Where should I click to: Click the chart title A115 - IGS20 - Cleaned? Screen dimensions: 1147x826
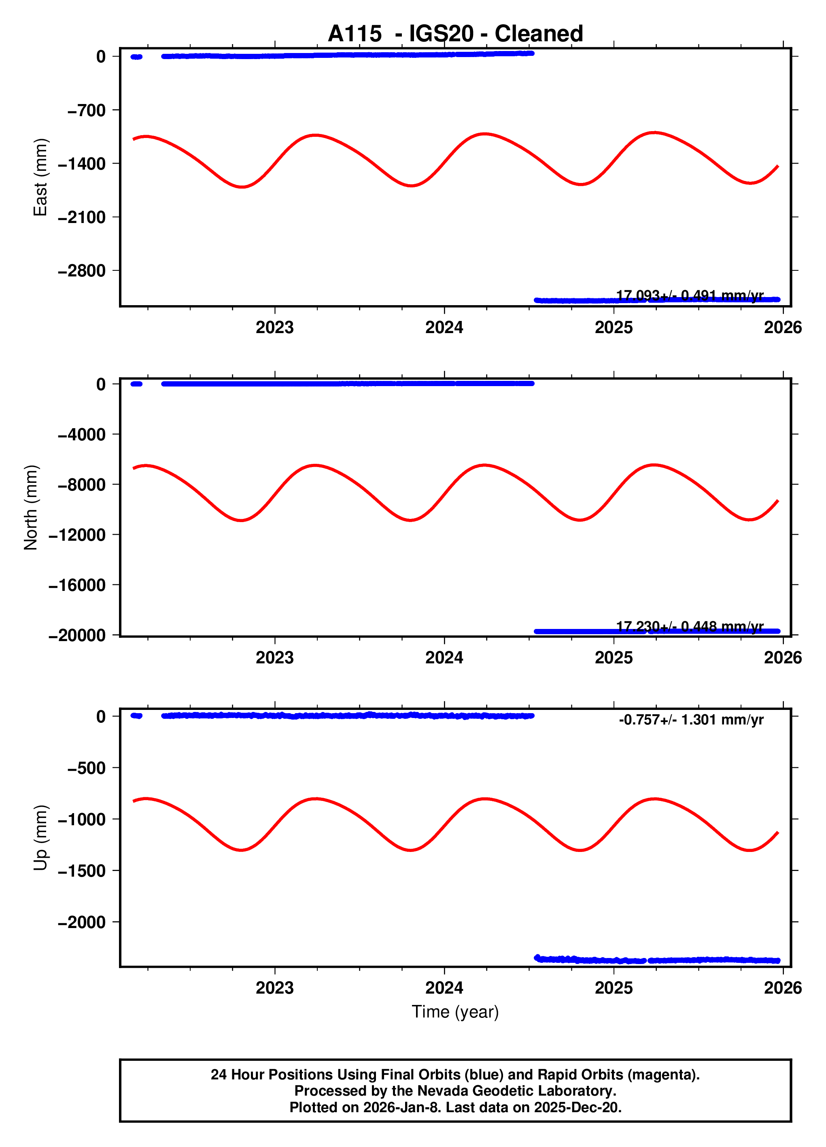[x=455, y=34]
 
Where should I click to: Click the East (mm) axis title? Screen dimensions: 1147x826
[x=40, y=177]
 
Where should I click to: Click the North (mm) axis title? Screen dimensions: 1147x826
[x=31, y=507]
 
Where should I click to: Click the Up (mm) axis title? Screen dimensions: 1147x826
[x=40, y=837]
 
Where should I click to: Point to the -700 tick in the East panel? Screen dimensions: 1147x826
[x=87, y=110]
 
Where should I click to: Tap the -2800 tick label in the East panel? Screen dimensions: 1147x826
[x=81, y=271]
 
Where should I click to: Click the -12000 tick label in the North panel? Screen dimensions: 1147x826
[x=77, y=535]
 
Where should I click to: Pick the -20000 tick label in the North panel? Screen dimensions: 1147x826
[x=77, y=635]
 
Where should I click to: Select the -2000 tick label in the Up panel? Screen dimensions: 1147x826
[x=81, y=922]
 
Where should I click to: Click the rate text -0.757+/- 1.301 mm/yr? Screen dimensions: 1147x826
[x=691, y=720]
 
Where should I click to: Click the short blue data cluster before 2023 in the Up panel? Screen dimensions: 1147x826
[x=136, y=716]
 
